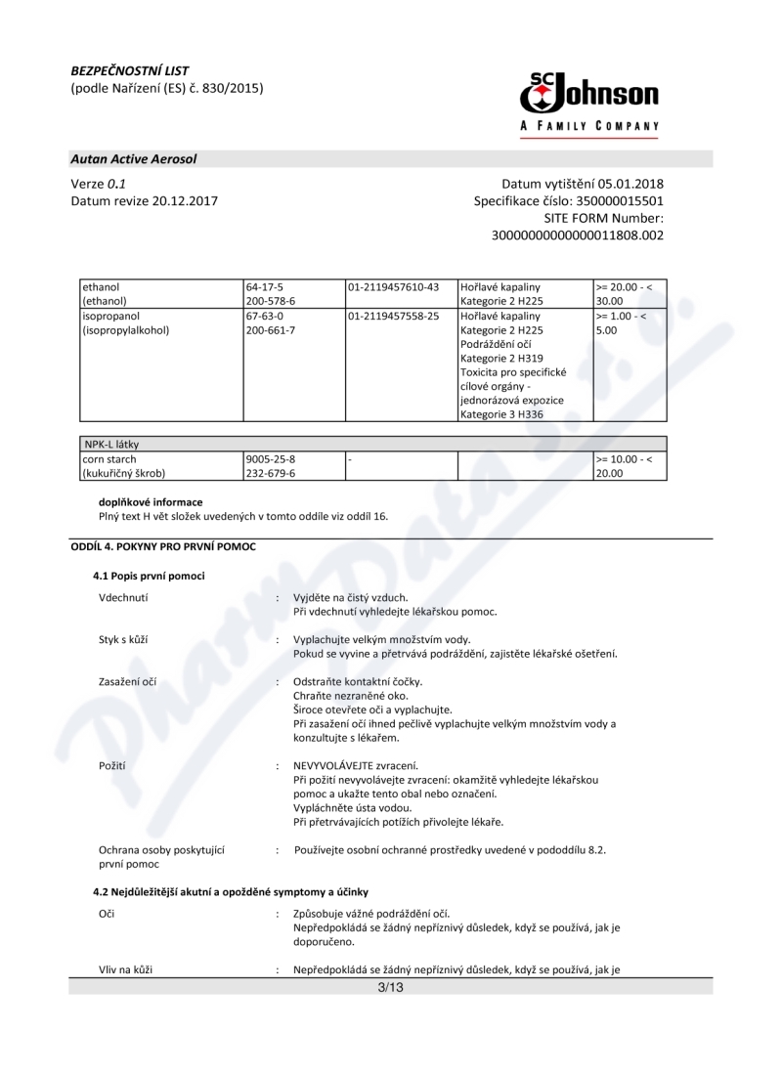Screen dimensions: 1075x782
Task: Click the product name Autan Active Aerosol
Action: (134, 158)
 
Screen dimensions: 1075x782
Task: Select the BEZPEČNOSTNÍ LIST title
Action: (130, 70)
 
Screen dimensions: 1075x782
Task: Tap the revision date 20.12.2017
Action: (180, 201)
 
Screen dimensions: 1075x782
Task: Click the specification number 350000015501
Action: (620, 201)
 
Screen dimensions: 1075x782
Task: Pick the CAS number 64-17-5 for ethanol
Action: (264, 287)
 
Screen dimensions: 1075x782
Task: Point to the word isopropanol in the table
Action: (111, 317)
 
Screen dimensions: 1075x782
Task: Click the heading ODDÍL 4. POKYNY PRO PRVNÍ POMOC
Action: (162, 546)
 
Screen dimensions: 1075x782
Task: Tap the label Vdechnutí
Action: (123, 597)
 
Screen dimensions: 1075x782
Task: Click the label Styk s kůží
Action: (123, 639)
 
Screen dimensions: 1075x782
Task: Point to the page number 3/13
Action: (391, 987)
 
